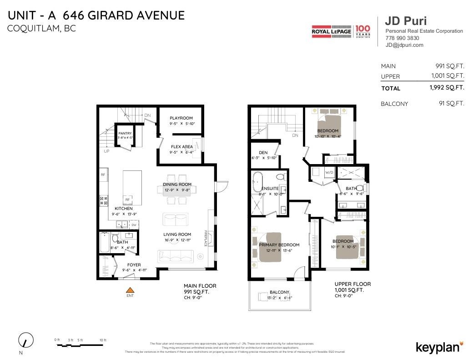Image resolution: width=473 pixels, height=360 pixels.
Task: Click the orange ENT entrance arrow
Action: click(131, 290)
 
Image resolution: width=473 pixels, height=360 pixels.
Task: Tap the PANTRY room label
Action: click(125, 133)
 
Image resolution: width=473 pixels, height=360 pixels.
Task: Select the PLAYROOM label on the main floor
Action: click(181, 118)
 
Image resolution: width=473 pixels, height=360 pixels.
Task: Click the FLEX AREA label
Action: click(181, 147)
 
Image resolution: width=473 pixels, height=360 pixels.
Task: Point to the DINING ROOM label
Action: click(177, 185)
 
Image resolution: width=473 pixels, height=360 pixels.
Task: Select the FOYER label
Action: click(134, 265)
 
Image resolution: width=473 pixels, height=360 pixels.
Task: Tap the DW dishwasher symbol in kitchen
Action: click(134, 225)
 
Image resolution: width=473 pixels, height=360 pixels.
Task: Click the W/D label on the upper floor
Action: click(329, 172)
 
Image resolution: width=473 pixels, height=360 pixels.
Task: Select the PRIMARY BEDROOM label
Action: click(279, 245)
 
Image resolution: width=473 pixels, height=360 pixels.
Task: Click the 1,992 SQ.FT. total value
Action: click(447, 88)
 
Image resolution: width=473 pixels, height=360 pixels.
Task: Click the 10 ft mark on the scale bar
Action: click(103, 340)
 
